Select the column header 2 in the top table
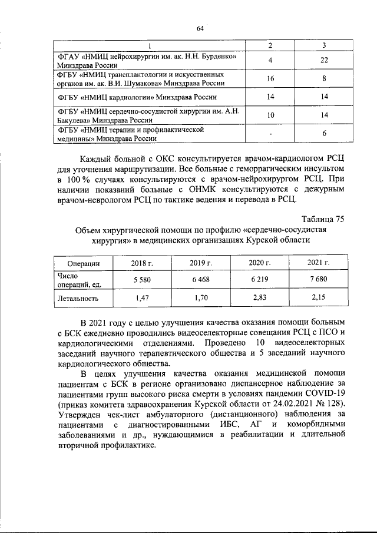coord(269,46)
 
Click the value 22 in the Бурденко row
coord(323,61)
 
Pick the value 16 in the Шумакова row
coord(269,78)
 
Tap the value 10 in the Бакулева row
coord(269,115)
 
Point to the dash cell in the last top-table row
coord(269,134)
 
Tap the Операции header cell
coord(84,263)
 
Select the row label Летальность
coord(78,298)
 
